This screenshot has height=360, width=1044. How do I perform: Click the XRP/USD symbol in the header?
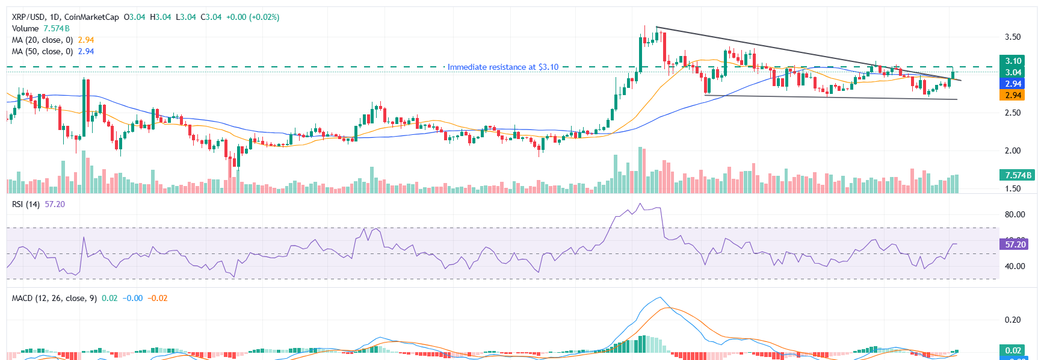(x=28, y=17)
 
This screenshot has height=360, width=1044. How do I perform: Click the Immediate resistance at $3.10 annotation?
(x=502, y=67)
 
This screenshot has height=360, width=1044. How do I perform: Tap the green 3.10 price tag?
(x=1013, y=61)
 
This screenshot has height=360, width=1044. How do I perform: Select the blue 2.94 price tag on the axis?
(x=1013, y=84)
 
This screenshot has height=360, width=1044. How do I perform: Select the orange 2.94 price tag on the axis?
(x=1013, y=95)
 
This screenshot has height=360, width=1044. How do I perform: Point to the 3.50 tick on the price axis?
(x=1013, y=37)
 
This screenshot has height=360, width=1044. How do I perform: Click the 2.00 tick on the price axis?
(x=1013, y=151)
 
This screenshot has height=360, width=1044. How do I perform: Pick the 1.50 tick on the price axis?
(x=1013, y=188)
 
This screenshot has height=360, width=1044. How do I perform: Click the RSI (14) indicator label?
(x=26, y=204)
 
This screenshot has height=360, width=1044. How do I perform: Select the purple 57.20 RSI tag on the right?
(x=1015, y=244)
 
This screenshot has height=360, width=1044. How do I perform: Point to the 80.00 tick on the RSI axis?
(x=1015, y=214)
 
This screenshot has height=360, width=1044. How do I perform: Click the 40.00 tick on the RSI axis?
(x=1015, y=266)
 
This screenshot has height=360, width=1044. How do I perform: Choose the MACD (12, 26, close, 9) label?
(x=54, y=298)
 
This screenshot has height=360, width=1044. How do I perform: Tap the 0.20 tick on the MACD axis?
(x=1013, y=320)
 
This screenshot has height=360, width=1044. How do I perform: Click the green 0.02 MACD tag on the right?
(x=1013, y=350)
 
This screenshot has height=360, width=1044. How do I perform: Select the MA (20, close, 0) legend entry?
(x=42, y=40)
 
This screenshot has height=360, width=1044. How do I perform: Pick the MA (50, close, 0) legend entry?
(x=42, y=51)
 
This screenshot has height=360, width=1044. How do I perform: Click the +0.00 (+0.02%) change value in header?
(x=253, y=17)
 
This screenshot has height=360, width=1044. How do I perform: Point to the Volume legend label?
(x=25, y=28)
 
